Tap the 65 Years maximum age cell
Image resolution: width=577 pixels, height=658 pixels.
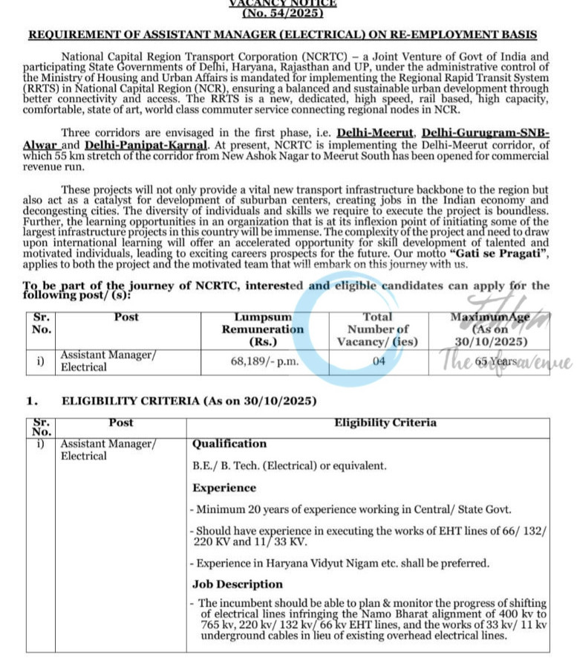click(496, 361)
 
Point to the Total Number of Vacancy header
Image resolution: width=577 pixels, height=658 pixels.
click(379, 329)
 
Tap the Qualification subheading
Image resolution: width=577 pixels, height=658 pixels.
click(229, 444)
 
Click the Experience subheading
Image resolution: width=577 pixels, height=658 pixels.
click(224, 488)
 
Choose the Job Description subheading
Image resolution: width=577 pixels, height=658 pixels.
click(238, 584)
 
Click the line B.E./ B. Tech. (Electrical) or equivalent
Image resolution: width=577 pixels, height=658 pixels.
click(290, 466)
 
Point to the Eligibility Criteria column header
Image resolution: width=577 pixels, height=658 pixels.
click(385, 423)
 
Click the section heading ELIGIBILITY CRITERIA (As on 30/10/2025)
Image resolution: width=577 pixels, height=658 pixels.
click(189, 401)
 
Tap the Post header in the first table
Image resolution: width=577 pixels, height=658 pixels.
click(126, 317)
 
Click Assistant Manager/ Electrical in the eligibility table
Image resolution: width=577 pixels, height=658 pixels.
click(108, 450)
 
